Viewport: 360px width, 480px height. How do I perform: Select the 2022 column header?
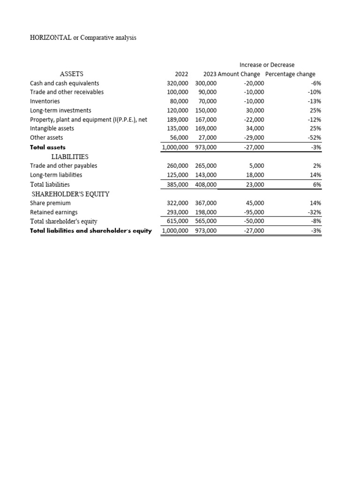tap(181, 74)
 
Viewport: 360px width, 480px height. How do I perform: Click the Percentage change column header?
tap(290, 74)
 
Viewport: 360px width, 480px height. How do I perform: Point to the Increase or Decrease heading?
tap(267, 65)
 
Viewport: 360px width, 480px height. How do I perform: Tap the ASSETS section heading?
tap(72, 74)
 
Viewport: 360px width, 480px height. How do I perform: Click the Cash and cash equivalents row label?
tap(64, 83)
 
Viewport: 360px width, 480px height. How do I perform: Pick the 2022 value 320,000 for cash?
tap(177, 83)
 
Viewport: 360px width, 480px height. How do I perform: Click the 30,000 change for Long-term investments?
tap(255, 110)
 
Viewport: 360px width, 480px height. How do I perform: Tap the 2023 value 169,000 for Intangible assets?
tap(206, 128)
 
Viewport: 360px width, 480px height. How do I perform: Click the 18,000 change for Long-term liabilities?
tap(255, 175)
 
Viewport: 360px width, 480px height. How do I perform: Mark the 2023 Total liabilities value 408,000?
tap(206, 184)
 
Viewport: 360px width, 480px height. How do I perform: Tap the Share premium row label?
tap(50, 203)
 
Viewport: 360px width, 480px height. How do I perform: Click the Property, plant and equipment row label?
tap(89, 120)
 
